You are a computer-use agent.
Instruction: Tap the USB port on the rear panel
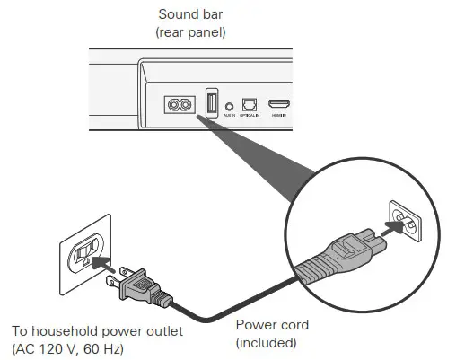point(212,102)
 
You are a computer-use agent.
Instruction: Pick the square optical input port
point(250,104)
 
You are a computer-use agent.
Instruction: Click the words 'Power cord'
point(270,325)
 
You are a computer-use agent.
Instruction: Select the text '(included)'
point(265,343)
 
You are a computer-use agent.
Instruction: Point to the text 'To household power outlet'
point(100,331)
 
